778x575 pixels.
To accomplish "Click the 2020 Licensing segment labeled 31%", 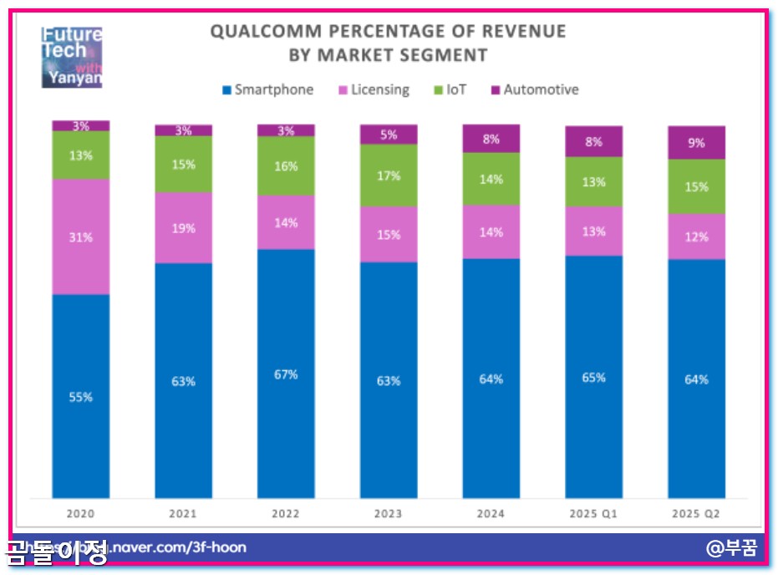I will click(x=81, y=237).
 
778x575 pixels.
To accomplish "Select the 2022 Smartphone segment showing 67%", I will click(x=286, y=374).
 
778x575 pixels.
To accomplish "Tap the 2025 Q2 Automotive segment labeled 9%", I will click(x=696, y=143).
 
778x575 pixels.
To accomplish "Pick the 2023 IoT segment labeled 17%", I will click(x=389, y=176).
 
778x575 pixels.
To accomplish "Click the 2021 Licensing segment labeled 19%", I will click(x=183, y=227).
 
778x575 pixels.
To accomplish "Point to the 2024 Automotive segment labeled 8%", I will click(x=491, y=139).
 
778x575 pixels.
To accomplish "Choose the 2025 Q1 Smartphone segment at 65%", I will click(x=593, y=377).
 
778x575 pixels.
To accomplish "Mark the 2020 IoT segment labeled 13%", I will click(x=81, y=155).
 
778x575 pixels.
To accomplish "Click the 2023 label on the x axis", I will click(x=389, y=513).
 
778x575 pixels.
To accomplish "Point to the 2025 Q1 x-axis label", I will click(x=593, y=513).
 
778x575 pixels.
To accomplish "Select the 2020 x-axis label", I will click(x=81, y=513).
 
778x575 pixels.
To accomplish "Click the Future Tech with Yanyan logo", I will click(x=72, y=57).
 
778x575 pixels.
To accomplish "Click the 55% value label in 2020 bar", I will click(x=81, y=397).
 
